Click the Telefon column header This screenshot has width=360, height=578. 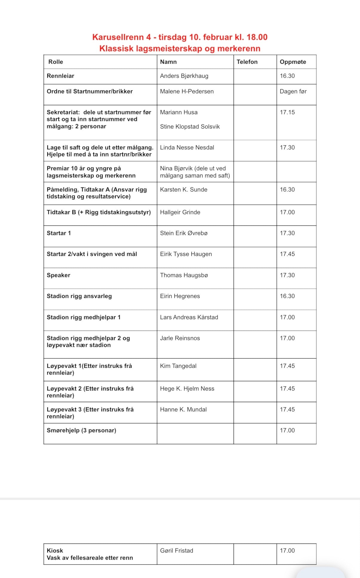coord(247,62)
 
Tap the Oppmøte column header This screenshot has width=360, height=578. coord(293,62)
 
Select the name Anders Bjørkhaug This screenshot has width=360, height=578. coord(184,76)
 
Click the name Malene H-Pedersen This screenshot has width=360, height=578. coord(187,91)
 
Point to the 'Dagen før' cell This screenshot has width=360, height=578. coord(293,91)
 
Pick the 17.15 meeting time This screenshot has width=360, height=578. coord(287,112)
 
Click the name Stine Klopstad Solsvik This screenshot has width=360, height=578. coord(190,127)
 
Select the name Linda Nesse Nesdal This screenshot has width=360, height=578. coord(187,147)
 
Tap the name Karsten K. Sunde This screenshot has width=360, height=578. coord(184,189)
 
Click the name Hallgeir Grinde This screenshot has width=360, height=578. coord(180,212)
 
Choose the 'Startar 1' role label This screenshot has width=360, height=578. coord(59,233)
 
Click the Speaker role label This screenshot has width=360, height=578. coord(59,275)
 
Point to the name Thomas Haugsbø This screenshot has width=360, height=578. coord(184,275)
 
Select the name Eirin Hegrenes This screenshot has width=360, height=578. coord(180,296)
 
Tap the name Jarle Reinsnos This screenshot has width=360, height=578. coord(180,338)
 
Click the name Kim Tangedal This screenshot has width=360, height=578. coord(178,366)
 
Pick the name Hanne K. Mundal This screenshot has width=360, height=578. coord(183,409)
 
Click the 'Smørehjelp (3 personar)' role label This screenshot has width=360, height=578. coord(81,430)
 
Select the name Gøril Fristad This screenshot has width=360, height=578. coord(176,551)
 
